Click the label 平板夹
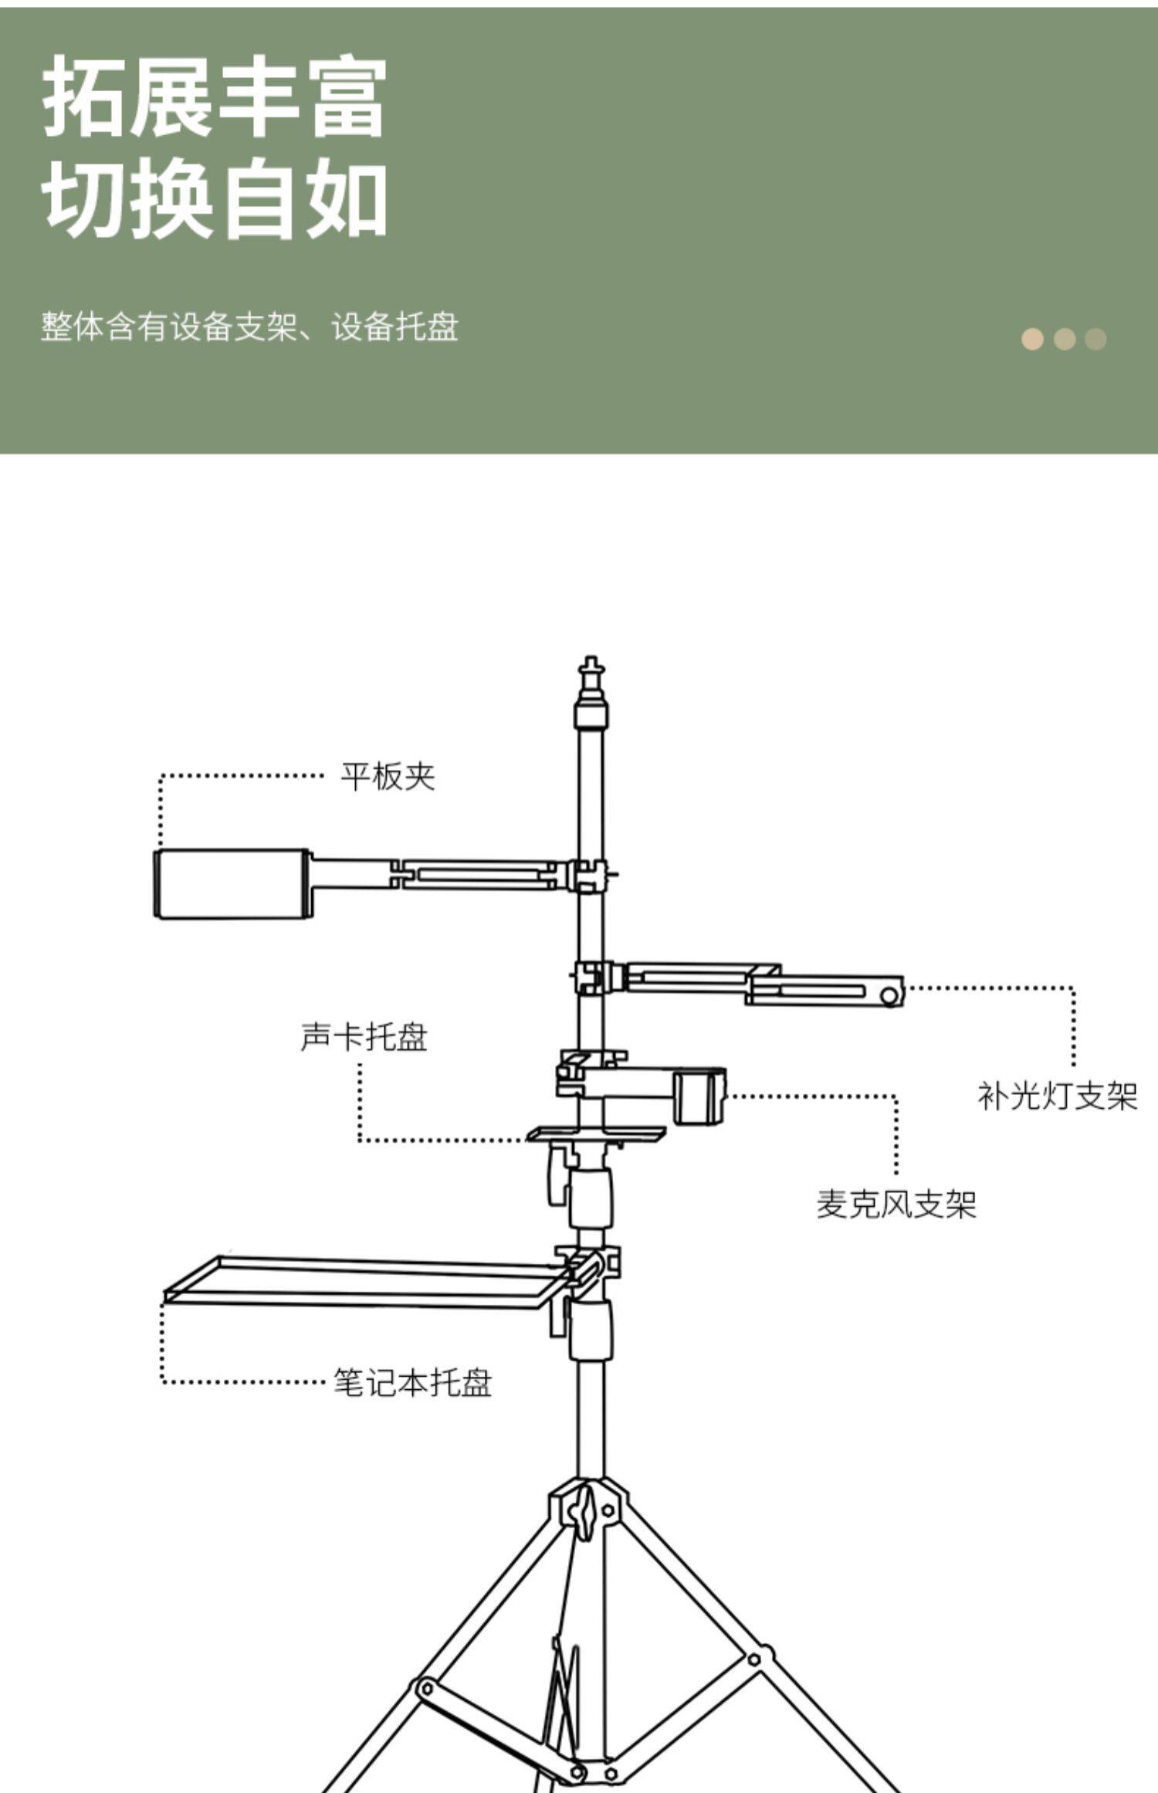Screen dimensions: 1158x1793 (388, 777)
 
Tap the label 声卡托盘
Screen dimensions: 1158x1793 (364, 1037)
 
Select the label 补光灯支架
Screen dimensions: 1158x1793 (1058, 1096)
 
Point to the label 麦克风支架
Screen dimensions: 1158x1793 (896, 1204)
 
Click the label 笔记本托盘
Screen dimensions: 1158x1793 (412, 1382)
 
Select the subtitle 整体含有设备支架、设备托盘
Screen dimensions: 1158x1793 (249, 327)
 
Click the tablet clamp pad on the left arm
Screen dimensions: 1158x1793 (232, 885)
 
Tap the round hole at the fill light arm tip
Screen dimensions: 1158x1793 (889, 996)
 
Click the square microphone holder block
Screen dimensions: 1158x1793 (699, 1096)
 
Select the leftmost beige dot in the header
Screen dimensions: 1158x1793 (1032, 339)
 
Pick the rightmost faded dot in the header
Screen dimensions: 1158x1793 (1095, 339)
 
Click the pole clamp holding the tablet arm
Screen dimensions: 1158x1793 (590, 876)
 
